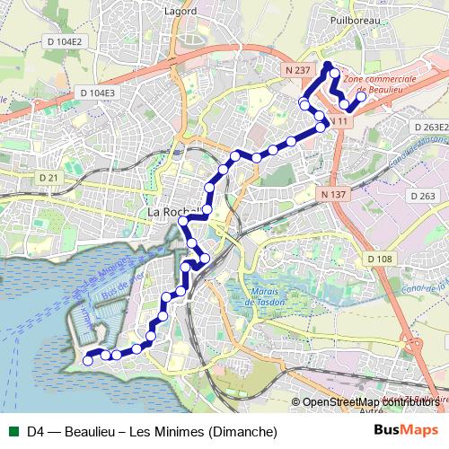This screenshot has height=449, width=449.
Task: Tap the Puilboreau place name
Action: pyautogui.click(x=356, y=18)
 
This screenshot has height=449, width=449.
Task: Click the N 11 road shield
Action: pyautogui.click(x=338, y=120)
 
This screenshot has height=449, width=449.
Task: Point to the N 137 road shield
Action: pyautogui.click(x=332, y=193)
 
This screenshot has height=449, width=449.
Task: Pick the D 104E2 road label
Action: pyautogui.click(x=63, y=41)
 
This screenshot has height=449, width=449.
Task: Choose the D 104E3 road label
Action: pyautogui.click(x=97, y=92)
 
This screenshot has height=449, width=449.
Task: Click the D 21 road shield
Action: pyautogui.click(x=48, y=178)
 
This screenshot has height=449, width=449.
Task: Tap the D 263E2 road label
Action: pyautogui.click(x=430, y=128)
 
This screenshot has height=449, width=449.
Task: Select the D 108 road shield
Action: pyautogui.click(x=380, y=259)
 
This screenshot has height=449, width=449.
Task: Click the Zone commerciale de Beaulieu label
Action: pyautogui.click(x=380, y=85)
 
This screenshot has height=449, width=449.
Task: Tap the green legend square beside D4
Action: pyautogui.click(x=12, y=432)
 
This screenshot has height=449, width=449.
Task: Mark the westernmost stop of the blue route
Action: pyautogui.click(x=88, y=360)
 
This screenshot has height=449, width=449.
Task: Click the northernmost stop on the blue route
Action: pyautogui.click(x=328, y=65)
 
